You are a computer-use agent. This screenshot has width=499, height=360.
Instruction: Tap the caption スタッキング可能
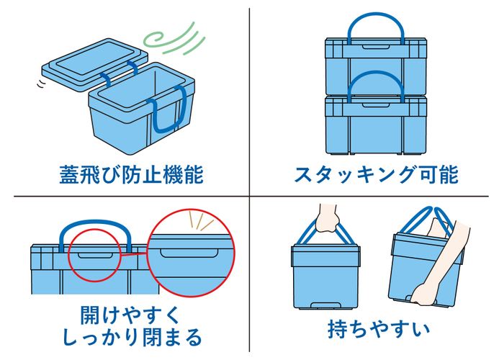(376, 175)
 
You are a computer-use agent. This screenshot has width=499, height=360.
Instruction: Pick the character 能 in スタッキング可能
(446, 175)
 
